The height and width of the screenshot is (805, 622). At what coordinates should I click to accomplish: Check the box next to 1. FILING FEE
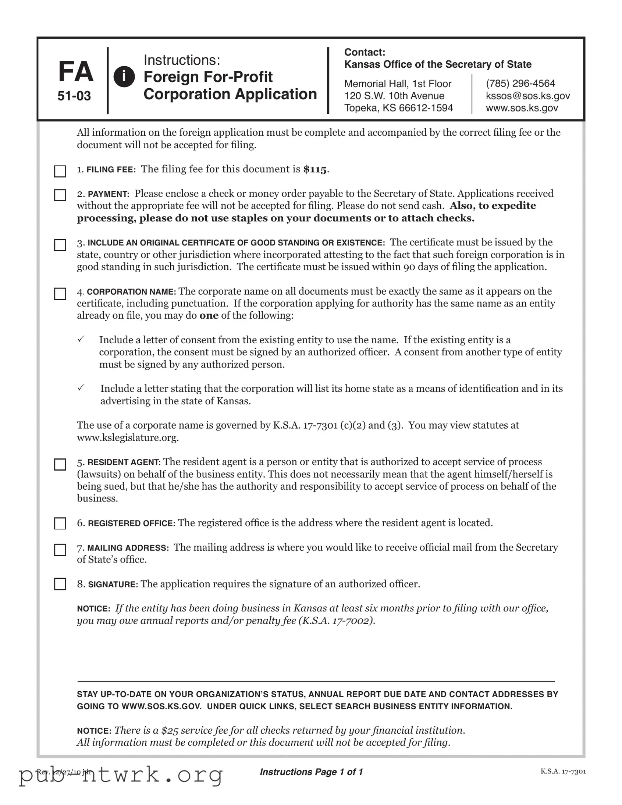coord(60,171)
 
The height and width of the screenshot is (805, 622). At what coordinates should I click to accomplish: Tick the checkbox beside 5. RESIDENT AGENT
coord(60,464)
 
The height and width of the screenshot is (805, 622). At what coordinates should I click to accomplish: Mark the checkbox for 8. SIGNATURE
coord(60,584)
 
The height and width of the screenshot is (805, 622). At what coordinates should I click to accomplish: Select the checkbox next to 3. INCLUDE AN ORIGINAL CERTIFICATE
coord(60,245)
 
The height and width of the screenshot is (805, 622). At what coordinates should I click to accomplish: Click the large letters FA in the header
coord(75,72)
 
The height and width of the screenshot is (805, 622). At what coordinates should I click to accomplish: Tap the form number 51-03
coord(74,96)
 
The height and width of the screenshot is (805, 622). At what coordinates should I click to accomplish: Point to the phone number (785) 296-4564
coord(520,84)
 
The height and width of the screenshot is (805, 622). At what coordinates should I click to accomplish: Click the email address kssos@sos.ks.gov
coord(528,96)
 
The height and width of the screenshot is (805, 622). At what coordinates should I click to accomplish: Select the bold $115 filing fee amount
coord(315,170)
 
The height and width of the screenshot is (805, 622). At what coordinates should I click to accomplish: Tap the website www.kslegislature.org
coord(128,437)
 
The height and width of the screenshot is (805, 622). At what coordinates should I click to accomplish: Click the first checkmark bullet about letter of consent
coord(81,339)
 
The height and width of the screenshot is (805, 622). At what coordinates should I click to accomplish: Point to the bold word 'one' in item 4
coord(209,316)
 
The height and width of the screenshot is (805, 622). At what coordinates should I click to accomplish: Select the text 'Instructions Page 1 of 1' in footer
coord(312,772)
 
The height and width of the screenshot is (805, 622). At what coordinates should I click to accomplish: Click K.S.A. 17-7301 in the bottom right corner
coord(563,772)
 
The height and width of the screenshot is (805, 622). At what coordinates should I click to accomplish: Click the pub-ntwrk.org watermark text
coord(122,775)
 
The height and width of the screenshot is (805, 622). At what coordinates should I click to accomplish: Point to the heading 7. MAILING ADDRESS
coord(123,548)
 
